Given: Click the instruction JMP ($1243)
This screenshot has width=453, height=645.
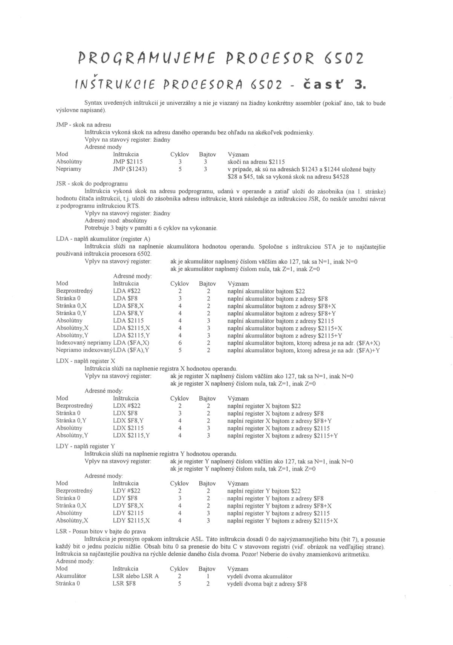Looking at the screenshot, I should [x=130, y=169].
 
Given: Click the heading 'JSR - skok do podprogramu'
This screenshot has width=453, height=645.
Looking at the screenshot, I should [x=92, y=184].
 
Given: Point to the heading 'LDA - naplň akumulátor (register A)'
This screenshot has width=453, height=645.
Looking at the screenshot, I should [x=103, y=239].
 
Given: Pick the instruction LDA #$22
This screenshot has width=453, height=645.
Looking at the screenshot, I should [x=127, y=291].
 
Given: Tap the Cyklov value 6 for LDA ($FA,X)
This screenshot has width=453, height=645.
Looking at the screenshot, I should [x=180, y=343].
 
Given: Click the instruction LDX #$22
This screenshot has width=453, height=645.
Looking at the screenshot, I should [x=127, y=406].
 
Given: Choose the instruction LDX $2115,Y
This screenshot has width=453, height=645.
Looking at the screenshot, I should [x=132, y=436].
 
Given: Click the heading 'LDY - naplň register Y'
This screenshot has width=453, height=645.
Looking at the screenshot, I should [x=86, y=446].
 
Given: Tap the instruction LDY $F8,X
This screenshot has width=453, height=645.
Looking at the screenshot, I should [x=128, y=506].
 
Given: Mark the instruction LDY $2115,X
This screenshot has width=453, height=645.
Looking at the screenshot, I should [x=131, y=521].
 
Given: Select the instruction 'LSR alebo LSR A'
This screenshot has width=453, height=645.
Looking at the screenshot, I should [x=136, y=576].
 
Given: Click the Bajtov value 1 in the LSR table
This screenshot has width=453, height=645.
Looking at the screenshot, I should [x=208, y=576].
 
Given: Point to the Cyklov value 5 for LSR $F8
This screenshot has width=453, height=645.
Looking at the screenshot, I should [x=180, y=584].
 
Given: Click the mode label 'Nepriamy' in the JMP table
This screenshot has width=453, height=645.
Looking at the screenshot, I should [x=68, y=169].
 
